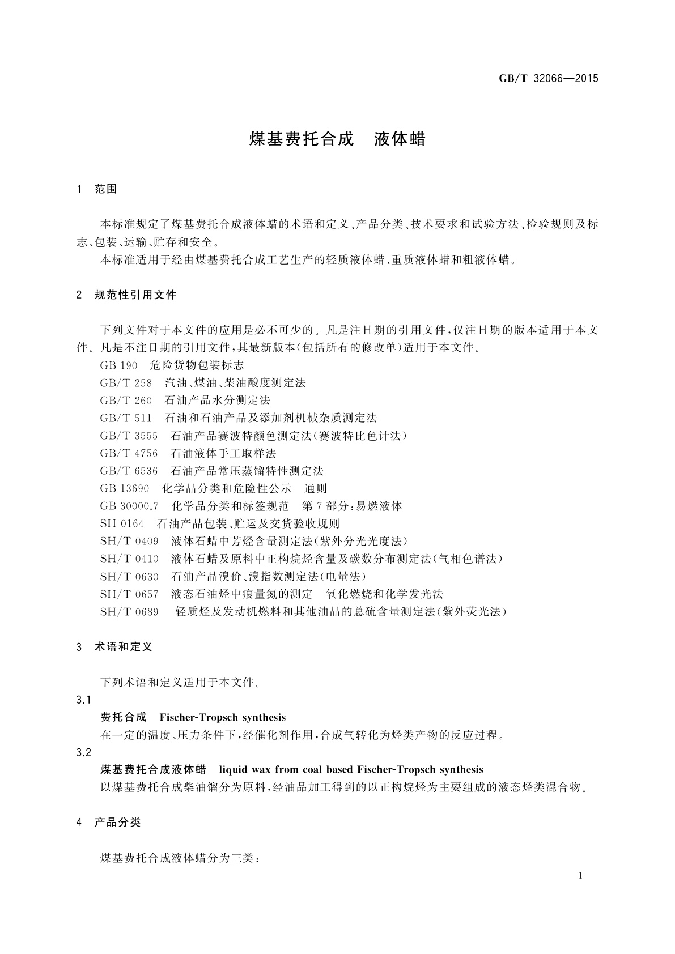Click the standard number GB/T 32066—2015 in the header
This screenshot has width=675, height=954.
tap(548, 79)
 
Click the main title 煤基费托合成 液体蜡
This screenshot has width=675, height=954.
tap(337, 139)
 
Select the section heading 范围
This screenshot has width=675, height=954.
tap(106, 189)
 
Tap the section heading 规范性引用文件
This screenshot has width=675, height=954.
tap(135, 295)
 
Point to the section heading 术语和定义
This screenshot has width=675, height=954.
tap(124, 646)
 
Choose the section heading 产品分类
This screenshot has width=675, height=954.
tap(117, 822)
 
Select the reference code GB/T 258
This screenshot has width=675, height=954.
tap(126, 383)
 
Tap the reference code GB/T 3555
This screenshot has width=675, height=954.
tap(129, 436)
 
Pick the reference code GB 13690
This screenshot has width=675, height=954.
tap(125, 488)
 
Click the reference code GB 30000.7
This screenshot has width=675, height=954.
tap(129, 506)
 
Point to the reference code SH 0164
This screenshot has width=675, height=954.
tap(122, 523)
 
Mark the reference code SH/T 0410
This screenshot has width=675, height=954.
tap(129, 559)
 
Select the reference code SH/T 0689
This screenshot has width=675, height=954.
tap(129, 611)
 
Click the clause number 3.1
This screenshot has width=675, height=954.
tap(83, 700)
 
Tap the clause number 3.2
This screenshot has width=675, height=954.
tap(83, 752)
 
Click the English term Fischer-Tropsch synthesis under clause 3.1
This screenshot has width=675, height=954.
tap(223, 717)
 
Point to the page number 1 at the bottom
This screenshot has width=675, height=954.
tap(581, 876)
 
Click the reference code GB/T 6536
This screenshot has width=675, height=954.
tap(129, 471)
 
